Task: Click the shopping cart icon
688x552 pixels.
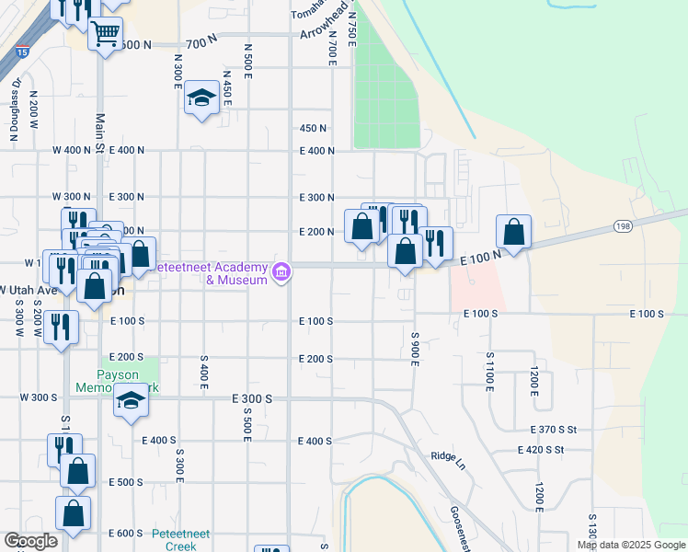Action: click(105, 34)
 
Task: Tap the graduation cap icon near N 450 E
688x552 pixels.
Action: click(200, 98)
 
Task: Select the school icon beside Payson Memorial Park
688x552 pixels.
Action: click(131, 401)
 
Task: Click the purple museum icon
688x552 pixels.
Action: click(282, 271)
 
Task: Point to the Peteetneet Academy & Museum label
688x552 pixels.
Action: click(210, 273)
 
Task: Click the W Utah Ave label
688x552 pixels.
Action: click(30, 289)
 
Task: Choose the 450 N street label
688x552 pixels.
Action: click(314, 129)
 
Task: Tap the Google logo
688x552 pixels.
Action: click(30, 541)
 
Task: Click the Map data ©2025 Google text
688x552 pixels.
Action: click(630, 545)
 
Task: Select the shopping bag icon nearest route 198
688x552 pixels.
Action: click(514, 232)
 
